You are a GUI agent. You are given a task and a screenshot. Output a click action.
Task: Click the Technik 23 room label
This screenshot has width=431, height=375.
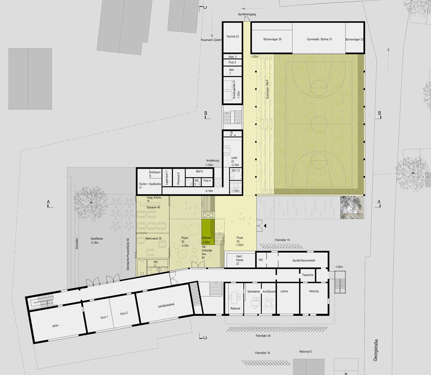pos(232,36)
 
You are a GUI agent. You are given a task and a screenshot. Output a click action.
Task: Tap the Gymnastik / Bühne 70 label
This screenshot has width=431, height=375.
pos(319,39)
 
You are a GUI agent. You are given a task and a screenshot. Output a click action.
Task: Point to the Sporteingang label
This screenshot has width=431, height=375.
pos(247,15)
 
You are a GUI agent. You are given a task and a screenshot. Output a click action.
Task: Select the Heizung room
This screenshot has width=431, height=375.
pos(313,292)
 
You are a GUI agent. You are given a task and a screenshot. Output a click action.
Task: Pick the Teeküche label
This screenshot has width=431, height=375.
pos(308,275)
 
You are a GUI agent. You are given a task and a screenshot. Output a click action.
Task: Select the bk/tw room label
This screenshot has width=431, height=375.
pos(55,326)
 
